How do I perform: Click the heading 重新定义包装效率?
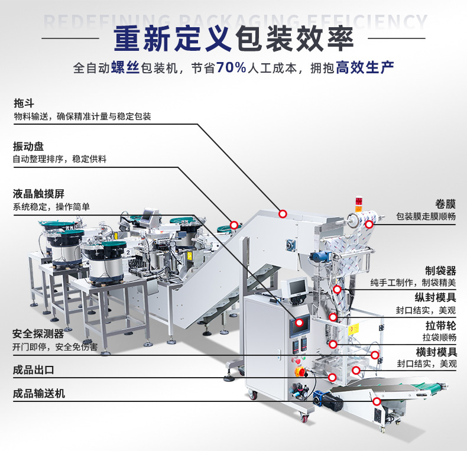[x=234, y=38]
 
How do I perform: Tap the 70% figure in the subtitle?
[x=231, y=67]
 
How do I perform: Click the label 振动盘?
[x=28, y=145]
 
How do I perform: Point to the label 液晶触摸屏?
[x=38, y=193]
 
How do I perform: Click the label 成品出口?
[x=34, y=371]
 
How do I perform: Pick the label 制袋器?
[x=440, y=270]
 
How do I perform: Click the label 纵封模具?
[x=436, y=297]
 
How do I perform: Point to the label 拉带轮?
[x=440, y=325]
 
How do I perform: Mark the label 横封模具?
[x=436, y=352]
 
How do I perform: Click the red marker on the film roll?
[x=369, y=224]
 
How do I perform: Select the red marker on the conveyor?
[x=377, y=401]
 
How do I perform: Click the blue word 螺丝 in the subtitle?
[x=125, y=67]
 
